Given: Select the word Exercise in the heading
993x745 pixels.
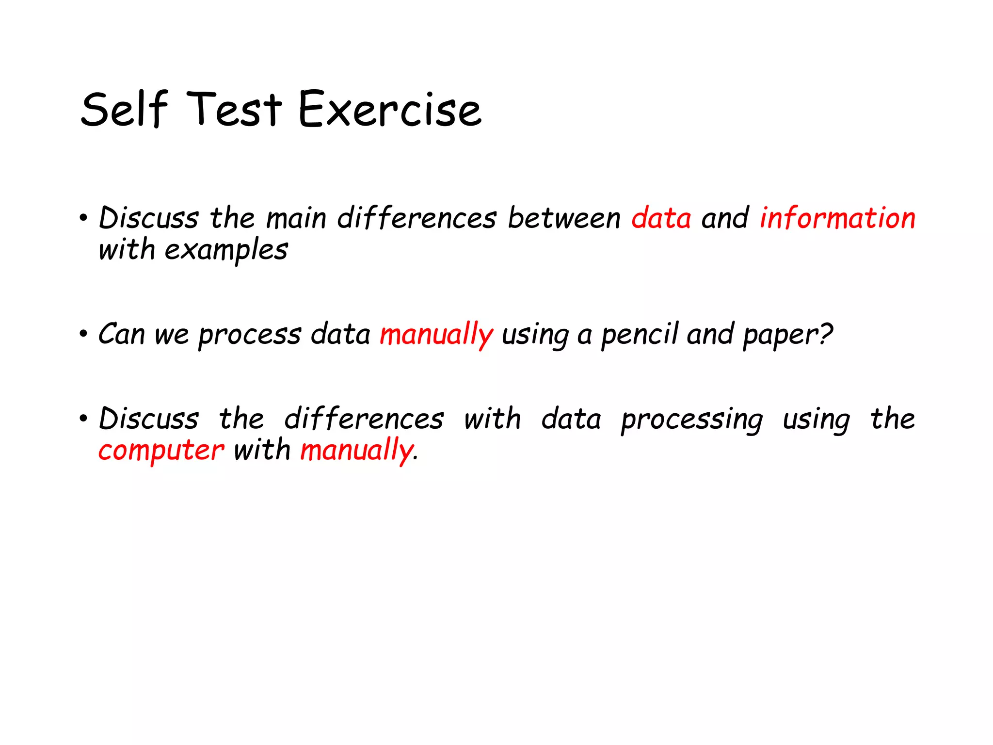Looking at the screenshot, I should [390, 111].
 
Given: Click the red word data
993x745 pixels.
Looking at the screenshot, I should [661, 218].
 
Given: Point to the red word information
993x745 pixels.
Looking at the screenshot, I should [837, 218].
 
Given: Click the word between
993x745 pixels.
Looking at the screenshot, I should [564, 218].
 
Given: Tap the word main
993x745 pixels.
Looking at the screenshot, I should [296, 218].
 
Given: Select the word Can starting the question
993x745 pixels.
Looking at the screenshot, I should [121, 334].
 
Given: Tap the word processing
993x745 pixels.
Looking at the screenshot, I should [692, 420].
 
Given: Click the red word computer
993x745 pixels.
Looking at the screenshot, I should [161, 451].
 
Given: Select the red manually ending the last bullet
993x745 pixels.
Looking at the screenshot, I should [356, 451].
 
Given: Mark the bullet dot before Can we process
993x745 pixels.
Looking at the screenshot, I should [83, 334].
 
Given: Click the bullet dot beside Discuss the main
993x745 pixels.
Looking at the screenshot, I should [83, 218].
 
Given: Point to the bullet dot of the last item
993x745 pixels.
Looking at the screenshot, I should [83, 418].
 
